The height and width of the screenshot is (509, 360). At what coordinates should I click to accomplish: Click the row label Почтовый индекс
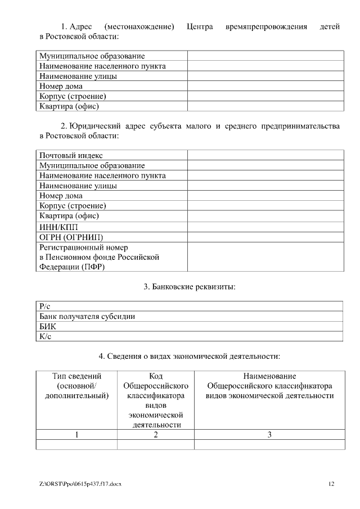71,155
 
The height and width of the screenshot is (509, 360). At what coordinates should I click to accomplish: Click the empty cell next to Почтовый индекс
265,155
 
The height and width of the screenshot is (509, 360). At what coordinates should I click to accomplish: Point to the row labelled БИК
48,326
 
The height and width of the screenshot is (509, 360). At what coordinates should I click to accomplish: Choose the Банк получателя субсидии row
87,316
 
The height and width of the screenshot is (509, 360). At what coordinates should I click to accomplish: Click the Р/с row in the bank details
46,306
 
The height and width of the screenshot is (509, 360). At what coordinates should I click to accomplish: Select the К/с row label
46,336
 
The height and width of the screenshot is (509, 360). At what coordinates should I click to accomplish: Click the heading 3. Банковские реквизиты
189,287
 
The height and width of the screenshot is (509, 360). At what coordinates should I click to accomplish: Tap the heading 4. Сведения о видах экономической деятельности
189,356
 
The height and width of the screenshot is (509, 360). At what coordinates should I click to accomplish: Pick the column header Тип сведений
76,376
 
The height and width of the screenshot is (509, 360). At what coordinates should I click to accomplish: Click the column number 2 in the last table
156,434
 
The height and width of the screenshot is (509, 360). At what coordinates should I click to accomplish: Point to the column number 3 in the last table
269,434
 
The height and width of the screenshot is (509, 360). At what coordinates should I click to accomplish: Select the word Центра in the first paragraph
199,26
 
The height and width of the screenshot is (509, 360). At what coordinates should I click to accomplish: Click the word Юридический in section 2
100,126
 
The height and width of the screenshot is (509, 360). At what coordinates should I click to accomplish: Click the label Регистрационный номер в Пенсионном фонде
99,257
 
